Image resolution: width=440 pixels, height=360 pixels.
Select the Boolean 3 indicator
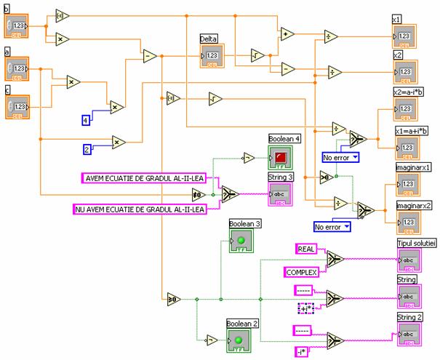click(241, 240)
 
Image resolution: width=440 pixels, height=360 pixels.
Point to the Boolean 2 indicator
click(237, 340)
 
